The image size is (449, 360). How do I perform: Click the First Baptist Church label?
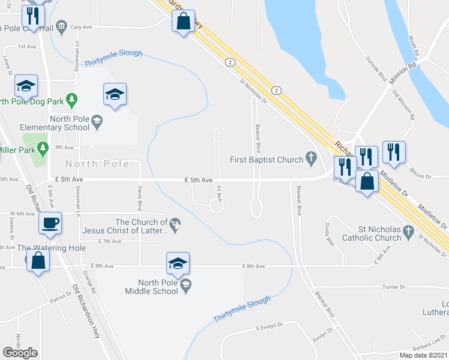pyautogui.click(x=267, y=160)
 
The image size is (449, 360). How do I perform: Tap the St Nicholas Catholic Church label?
pyautogui.click(x=372, y=233)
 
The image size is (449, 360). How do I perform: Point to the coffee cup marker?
pyautogui.click(x=50, y=223)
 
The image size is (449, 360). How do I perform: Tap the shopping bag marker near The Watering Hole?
pyautogui.click(x=38, y=261)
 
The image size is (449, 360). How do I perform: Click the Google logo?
pyautogui.click(x=20, y=353)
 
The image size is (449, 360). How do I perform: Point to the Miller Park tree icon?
pyautogui.click(x=43, y=147)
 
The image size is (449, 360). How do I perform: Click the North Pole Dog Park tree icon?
pyautogui.click(x=73, y=98)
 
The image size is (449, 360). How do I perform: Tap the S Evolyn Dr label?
pyautogui.click(x=269, y=328)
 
